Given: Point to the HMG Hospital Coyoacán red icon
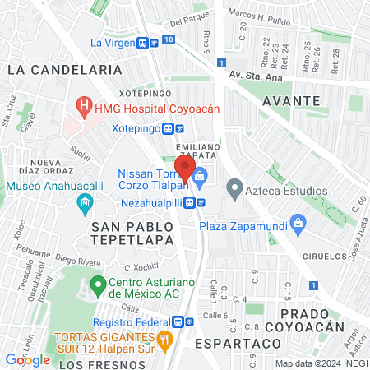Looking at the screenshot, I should pos(83,106).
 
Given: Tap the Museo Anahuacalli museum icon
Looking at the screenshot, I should pos(83,202).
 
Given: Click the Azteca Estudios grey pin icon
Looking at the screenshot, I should pos(234,191).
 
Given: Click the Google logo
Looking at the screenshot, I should pos(28,359).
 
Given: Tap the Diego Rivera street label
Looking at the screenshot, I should pos(76,255).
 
